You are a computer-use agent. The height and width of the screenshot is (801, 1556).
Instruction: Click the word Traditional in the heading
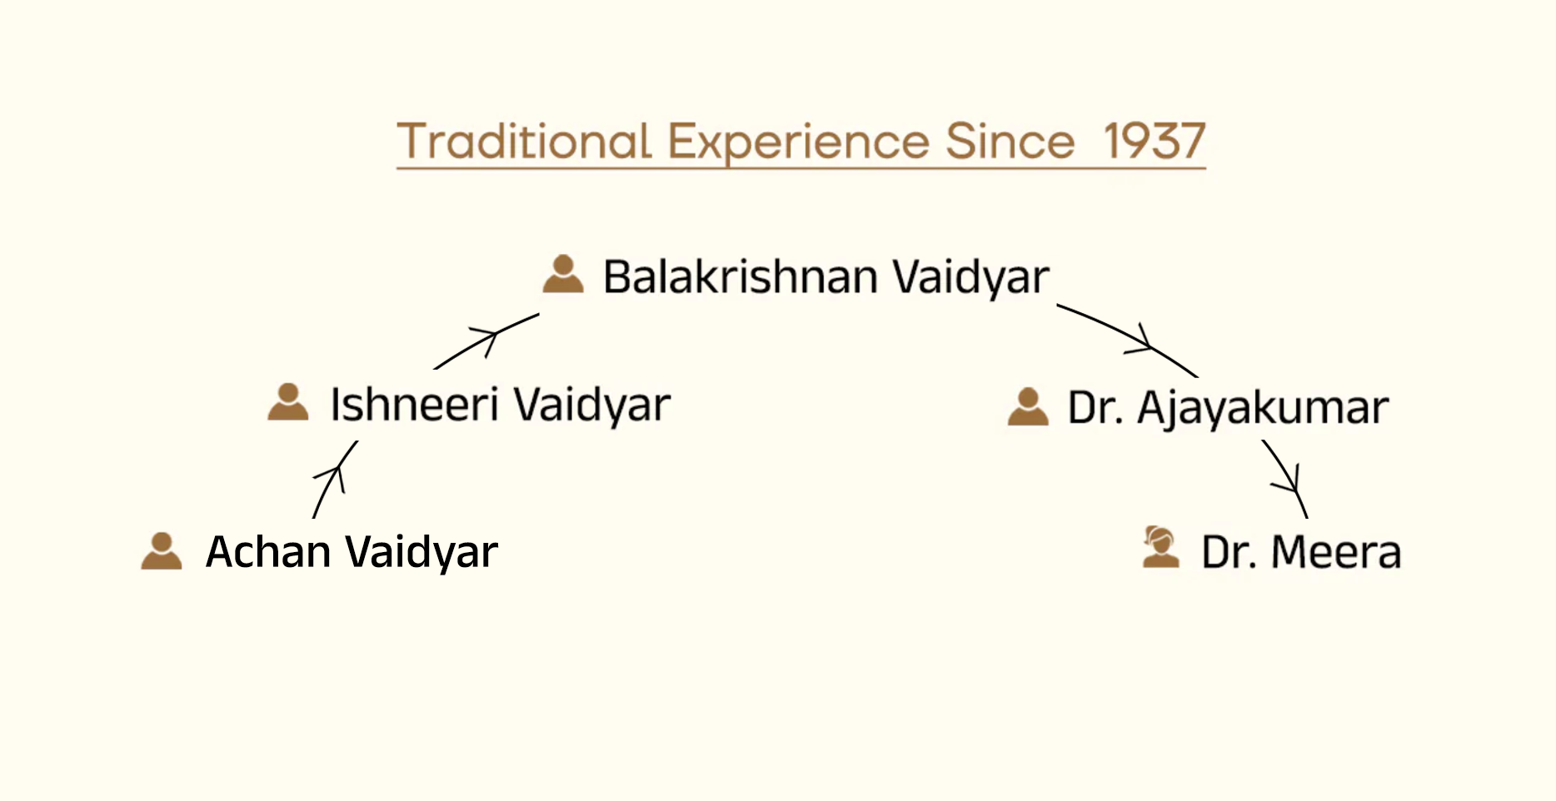pyautogui.click(x=524, y=141)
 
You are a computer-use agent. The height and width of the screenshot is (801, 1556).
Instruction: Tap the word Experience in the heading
pyautogui.click(x=799, y=143)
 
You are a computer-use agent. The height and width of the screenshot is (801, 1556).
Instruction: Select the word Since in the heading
pyautogui.click(x=1010, y=141)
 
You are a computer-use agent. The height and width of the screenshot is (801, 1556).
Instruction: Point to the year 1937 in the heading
pyautogui.click(x=1155, y=141)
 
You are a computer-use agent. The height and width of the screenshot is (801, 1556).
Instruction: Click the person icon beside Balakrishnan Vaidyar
pyautogui.click(x=563, y=274)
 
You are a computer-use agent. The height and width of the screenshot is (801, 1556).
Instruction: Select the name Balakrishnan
pyautogui.click(x=741, y=276)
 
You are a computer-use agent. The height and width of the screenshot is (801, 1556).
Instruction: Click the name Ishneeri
pyautogui.click(x=414, y=405)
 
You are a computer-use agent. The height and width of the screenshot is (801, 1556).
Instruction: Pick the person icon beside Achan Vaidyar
pyautogui.click(x=162, y=550)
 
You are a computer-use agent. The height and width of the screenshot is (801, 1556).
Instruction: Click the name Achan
pyautogui.click(x=268, y=552)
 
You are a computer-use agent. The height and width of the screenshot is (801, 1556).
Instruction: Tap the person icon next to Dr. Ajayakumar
pyautogui.click(x=1028, y=406)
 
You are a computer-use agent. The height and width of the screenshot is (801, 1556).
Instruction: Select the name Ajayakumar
pyautogui.click(x=1263, y=410)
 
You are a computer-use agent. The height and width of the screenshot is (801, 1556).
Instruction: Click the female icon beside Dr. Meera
pyautogui.click(x=1160, y=547)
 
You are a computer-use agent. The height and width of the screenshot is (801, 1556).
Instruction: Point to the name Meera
pyautogui.click(x=1336, y=552)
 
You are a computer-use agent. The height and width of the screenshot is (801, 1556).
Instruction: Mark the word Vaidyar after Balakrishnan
pyautogui.click(x=970, y=278)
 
